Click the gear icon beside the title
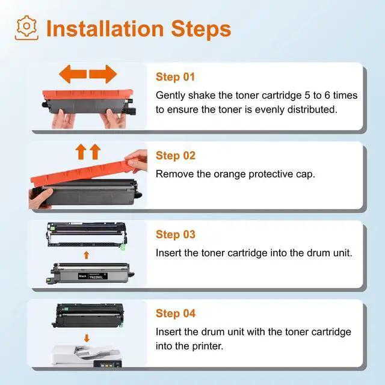26,28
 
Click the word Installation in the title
105,29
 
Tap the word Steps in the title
201,29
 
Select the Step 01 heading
175,77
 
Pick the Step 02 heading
176,156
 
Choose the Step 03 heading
176,235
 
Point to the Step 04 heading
176,313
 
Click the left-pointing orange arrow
73,74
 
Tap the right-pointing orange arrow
103,74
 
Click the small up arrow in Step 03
86,255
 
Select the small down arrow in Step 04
87,338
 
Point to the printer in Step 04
86,356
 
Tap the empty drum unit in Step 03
87,235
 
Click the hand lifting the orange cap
137,161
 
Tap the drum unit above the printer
88,315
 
